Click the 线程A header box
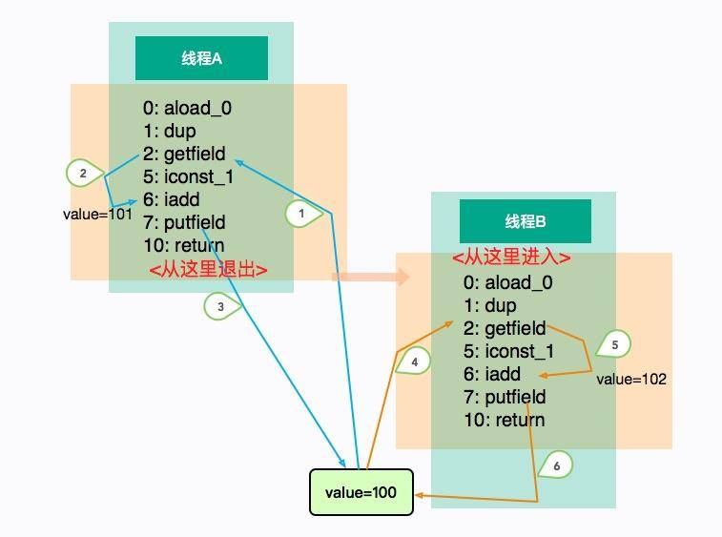coord(201,58)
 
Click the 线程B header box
coord(526,221)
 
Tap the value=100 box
coord(361,492)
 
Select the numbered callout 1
coord(301,215)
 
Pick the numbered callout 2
coord(83,174)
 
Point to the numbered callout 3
coord(220,306)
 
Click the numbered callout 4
coord(414,362)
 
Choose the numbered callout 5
coord(614,343)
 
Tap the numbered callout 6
coord(556,465)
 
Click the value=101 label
coord(96,214)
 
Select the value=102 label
coord(631,379)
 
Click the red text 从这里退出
coord(208,270)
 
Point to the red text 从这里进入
coord(511,258)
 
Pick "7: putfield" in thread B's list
coord(505,397)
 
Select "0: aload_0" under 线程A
coord(188,108)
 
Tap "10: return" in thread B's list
coord(504,420)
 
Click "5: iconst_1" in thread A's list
coord(188,176)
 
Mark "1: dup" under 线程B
coord(489,305)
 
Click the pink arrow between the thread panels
coord(371,277)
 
